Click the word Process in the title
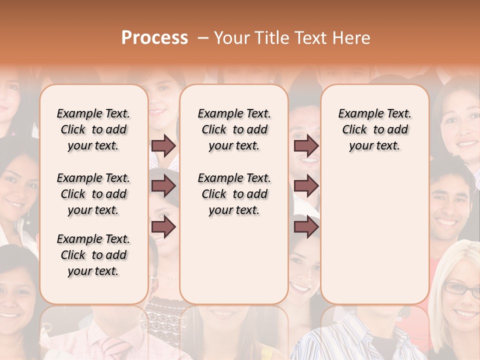(154, 38)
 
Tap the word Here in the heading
(352, 38)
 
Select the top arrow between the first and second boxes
(163, 145)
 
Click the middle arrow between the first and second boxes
(163, 186)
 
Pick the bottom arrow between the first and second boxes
(163, 226)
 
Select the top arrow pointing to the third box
(306, 145)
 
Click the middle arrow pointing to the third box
(306, 186)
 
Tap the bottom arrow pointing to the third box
(306, 226)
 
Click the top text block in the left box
(93, 129)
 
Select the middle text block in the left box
(93, 194)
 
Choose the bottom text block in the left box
(93, 255)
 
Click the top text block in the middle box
(234, 129)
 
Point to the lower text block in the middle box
(234, 194)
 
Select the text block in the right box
(375, 129)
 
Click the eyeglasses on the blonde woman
(461, 289)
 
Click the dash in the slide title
(202, 38)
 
